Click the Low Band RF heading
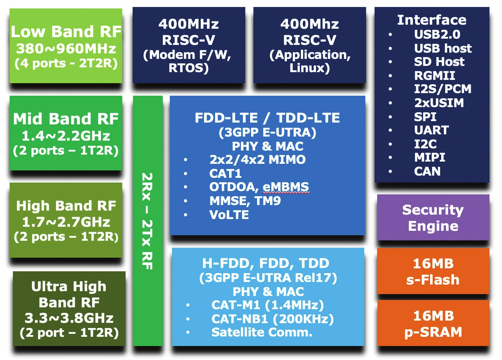tap(66, 32)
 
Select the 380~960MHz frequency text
tap(66, 49)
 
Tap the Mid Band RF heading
tap(66, 119)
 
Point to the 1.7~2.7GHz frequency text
tap(66, 222)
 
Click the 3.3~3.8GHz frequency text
tap(69, 318)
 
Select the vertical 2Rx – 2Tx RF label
tap(147, 221)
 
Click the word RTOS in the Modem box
tap(189, 68)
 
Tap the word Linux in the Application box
tap(310, 68)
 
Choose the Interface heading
tap(432, 20)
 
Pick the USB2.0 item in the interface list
tap(437, 34)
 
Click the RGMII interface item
tap(435, 75)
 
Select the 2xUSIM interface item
tap(439, 103)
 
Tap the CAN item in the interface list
tap(427, 172)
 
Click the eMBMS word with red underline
tap(286, 187)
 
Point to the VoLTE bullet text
tap(229, 215)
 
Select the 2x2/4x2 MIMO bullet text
tap(257, 159)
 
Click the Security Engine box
tap(433, 218)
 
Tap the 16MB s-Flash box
tap(433, 271)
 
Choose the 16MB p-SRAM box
tap(433, 323)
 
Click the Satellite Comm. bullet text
tap(262, 332)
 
